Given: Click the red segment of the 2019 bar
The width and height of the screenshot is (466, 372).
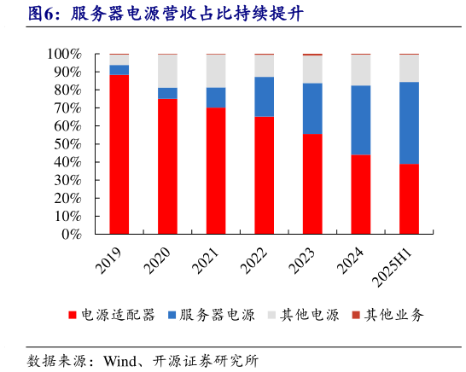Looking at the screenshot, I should pyautogui.click(x=119, y=154).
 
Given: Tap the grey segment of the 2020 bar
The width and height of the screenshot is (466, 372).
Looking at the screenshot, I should pyautogui.click(x=168, y=71).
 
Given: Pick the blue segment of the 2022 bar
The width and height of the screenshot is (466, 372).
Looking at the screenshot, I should pyautogui.click(x=265, y=96).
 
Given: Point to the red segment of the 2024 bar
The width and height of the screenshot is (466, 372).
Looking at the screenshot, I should pyautogui.click(x=361, y=195).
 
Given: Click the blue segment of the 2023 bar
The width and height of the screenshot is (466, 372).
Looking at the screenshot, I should pyautogui.click(x=313, y=108).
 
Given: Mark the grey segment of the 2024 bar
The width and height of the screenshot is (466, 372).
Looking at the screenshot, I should pyautogui.click(x=361, y=70).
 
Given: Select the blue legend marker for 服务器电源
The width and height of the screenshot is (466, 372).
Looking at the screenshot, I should pyautogui.click(x=172, y=315).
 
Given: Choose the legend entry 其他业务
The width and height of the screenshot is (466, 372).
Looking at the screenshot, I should pyautogui.click(x=393, y=315).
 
